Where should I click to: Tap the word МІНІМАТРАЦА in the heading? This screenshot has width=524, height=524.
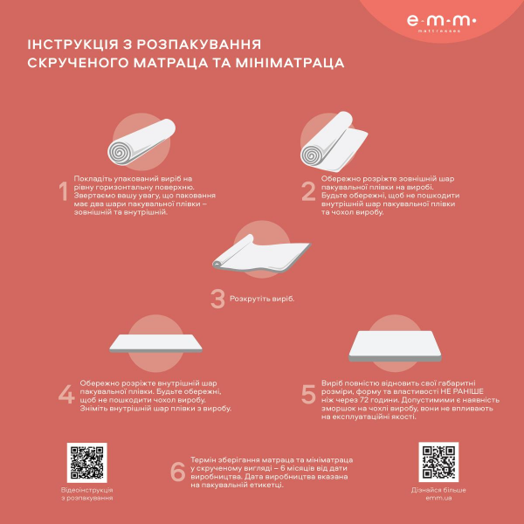288,63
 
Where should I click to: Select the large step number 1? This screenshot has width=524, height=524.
62,192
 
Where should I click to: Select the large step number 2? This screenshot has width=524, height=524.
307,192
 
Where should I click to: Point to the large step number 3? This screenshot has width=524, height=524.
217,299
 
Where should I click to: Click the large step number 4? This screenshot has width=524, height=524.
65,394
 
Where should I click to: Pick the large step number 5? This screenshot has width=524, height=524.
308,394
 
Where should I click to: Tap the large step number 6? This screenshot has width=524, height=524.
177,472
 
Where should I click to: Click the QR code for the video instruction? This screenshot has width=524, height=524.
86,462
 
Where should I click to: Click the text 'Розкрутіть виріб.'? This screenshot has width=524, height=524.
262,299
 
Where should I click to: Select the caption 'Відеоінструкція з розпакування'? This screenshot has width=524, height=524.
86,494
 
